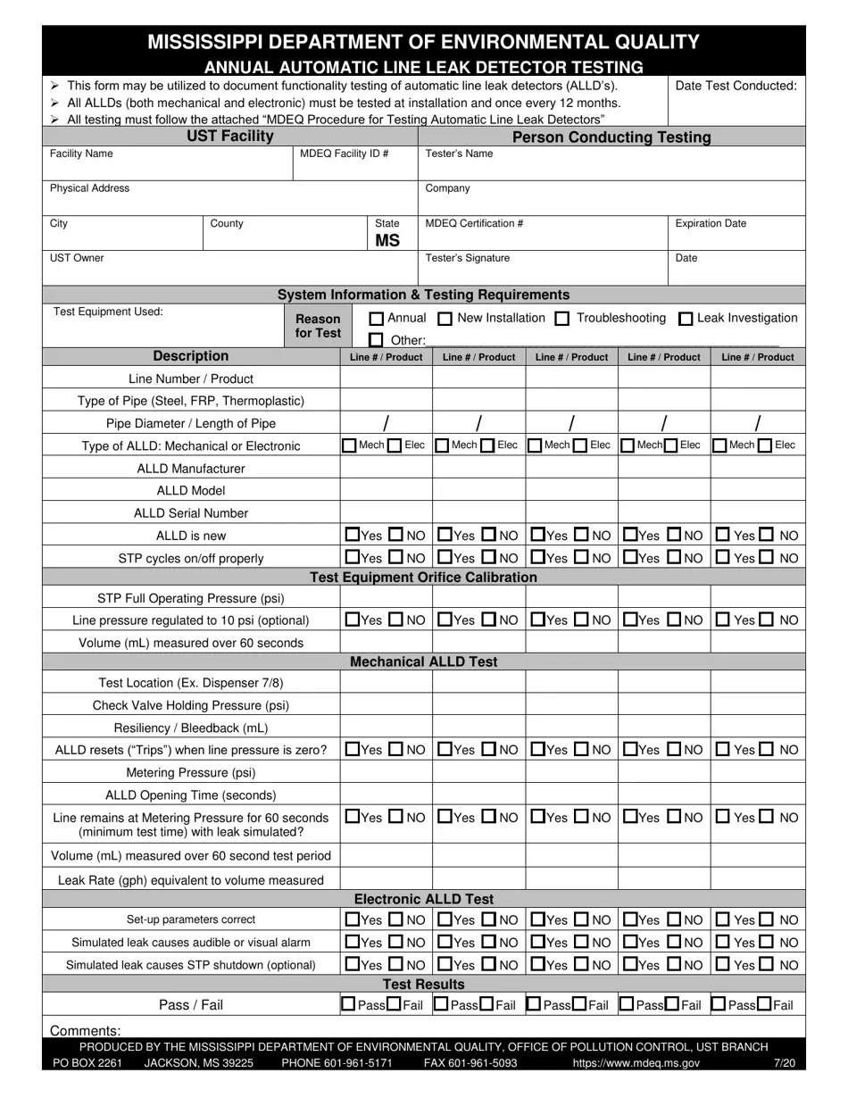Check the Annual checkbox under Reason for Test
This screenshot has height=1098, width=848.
click(x=377, y=319)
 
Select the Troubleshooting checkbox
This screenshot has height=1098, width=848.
click(x=562, y=319)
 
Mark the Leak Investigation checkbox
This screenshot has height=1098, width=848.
click(x=686, y=319)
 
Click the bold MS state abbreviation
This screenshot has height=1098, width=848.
click(x=387, y=241)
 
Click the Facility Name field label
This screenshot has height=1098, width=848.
click(x=81, y=154)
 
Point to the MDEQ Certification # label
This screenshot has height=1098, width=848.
click(x=474, y=223)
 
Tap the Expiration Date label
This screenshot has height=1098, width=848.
click(x=711, y=223)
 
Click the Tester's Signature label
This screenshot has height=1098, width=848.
click(x=468, y=258)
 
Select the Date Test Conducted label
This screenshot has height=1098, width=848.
click(x=736, y=86)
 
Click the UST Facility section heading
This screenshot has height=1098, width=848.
click(x=229, y=136)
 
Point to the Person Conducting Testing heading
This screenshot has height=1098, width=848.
click(x=611, y=137)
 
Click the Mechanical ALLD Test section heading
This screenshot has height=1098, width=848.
click(x=424, y=661)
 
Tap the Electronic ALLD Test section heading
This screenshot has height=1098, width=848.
click(x=424, y=899)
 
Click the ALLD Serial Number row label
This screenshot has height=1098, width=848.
click(x=191, y=513)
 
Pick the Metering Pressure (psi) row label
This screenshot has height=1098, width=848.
click(x=191, y=772)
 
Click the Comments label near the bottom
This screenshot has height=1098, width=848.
click(x=86, y=1030)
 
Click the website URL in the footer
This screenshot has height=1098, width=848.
click(x=636, y=1063)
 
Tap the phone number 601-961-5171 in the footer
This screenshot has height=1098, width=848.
click(x=337, y=1063)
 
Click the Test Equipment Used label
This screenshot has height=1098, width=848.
click(x=108, y=312)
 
